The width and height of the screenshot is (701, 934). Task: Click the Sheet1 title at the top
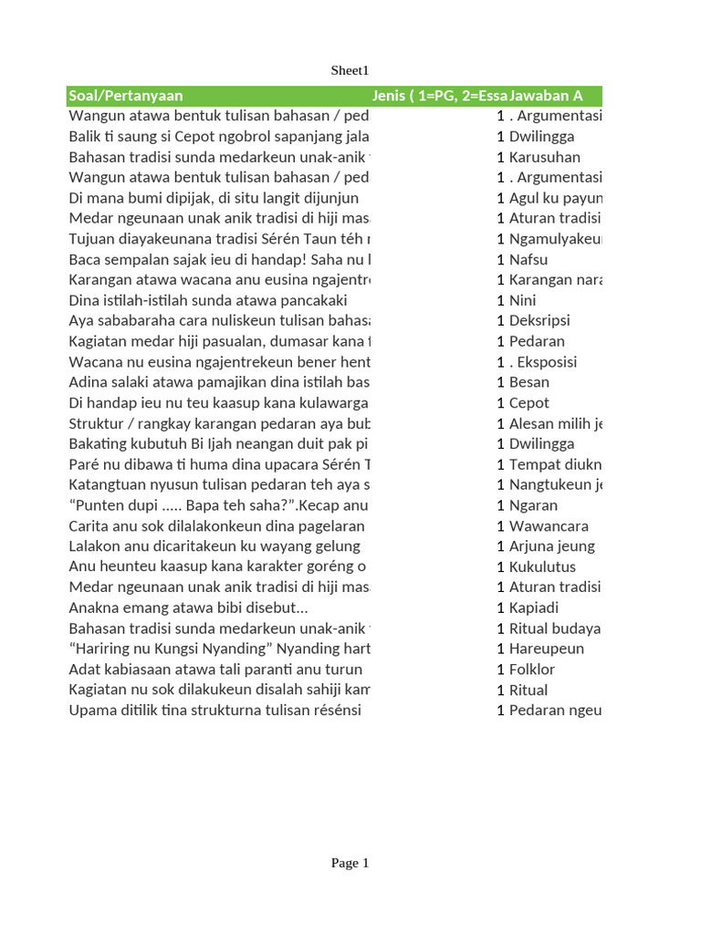coord(350,70)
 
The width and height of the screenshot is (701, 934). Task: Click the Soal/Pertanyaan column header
coord(126,96)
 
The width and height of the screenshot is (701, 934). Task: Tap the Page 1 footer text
coord(350,863)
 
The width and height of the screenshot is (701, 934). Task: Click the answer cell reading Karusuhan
coord(544,157)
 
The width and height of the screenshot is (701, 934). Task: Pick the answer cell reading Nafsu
coord(528,259)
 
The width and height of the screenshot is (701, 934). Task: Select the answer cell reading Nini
coord(522,300)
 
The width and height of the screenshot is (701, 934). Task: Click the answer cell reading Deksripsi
coord(539,320)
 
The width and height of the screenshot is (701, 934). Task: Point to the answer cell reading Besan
coord(528,382)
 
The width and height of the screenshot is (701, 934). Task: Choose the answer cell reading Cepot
coord(529,402)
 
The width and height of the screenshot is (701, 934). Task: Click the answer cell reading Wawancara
coord(548,525)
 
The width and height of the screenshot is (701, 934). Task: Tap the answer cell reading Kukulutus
coord(542,566)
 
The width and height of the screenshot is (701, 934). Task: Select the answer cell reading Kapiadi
coord(534,607)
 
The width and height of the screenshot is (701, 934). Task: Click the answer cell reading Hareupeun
coord(546,649)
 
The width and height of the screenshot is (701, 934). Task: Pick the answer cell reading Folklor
coord(531,669)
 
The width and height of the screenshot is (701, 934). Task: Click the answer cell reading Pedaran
coord(537,341)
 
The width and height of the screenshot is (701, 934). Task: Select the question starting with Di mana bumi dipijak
coord(214,198)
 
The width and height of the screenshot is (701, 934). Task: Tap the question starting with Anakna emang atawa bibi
coord(189,607)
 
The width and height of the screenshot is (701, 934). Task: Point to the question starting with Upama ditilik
coord(214,710)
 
